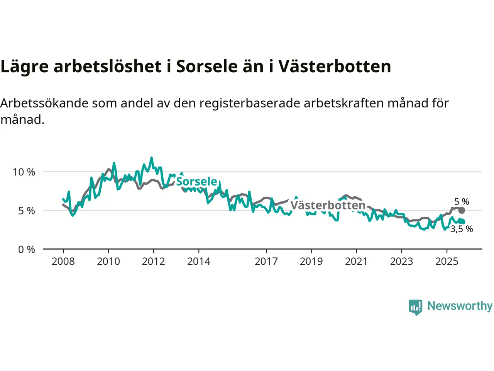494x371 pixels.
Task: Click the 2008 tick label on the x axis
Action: pyautogui.click(x=63, y=262)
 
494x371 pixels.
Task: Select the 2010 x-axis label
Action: pyautogui.click(x=108, y=262)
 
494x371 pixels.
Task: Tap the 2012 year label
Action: pyautogui.click(x=153, y=262)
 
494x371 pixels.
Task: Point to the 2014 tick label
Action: pyautogui.click(x=199, y=262)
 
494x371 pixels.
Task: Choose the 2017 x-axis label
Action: pyautogui.click(x=266, y=262)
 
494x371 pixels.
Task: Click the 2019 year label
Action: pyautogui.click(x=311, y=262)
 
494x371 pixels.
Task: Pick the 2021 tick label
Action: pyautogui.click(x=356, y=262)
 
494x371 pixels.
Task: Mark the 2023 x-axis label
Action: pyautogui.click(x=401, y=262)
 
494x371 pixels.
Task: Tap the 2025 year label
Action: pyautogui.click(x=447, y=262)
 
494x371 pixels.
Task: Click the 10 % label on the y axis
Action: pyautogui.click(x=24, y=172)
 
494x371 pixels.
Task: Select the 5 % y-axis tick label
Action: pyautogui.click(x=26, y=211)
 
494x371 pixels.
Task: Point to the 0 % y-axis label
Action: pyautogui.click(x=26, y=250)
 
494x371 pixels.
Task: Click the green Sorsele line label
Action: pyautogui.click(x=197, y=182)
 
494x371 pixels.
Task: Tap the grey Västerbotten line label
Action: pyautogui.click(x=328, y=205)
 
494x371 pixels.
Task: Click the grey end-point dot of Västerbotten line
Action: pyautogui.click(x=462, y=211)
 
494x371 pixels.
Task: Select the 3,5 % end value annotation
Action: pyautogui.click(x=462, y=229)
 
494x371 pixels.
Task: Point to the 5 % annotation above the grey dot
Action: pyautogui.click(x=462, y=202)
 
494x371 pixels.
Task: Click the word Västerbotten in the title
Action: pyautogui.click(x=335, y=66)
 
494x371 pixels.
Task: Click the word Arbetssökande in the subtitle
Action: pyautogui.click(x=42, y=103)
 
